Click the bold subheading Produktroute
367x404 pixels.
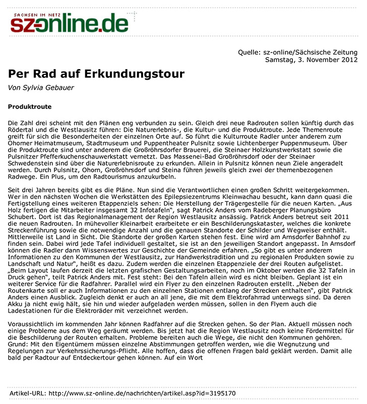pos(30,107)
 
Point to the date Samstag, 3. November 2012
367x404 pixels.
pos(311,60)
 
